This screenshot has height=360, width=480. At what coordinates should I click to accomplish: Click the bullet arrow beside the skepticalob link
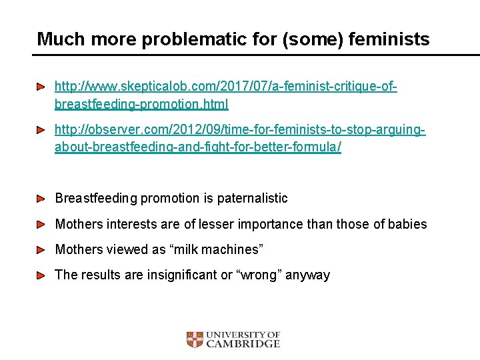coord(41,87)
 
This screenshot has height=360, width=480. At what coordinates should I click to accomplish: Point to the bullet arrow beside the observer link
coord(41,129)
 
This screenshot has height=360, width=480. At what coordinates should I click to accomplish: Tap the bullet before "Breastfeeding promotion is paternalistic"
coord(41,198)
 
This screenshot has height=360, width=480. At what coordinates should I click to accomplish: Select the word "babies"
coord(406,224)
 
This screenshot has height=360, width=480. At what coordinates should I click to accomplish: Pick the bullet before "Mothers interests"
coord(41,224)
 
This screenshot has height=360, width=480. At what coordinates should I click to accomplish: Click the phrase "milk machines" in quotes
coord(217,249)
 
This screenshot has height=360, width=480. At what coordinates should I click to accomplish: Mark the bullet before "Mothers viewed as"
coord(41,249)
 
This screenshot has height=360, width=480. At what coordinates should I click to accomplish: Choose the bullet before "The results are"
coord(41,275)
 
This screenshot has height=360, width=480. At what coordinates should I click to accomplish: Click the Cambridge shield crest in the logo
coord(194,339)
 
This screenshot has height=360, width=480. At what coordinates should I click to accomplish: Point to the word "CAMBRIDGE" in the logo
coord(243,344)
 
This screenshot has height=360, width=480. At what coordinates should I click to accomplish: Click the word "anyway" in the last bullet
coord(307,275)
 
